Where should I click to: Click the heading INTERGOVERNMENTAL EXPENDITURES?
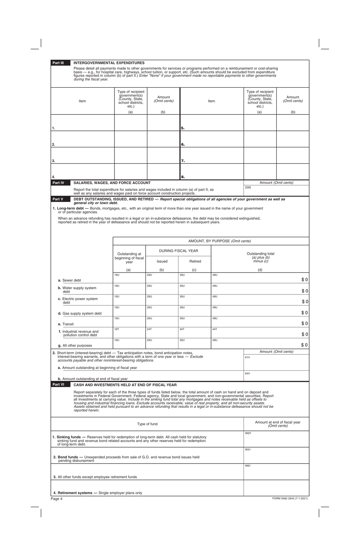pos(109,63)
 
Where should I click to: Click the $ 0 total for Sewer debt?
pos(305,280)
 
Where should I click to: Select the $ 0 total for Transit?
pos(305,323)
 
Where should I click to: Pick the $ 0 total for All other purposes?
pos(305,345)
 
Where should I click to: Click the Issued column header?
pos(162,261)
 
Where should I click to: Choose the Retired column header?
pos(195,261)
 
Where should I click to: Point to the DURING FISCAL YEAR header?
pos(178,251)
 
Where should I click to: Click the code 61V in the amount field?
pos(247,357)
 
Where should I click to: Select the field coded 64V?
pos(276,376)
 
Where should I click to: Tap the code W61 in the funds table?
pos(247,466)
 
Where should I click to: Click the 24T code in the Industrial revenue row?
pos(149,329)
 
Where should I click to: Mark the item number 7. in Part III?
pos(183,161)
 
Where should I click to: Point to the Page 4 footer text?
pos(56,499)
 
